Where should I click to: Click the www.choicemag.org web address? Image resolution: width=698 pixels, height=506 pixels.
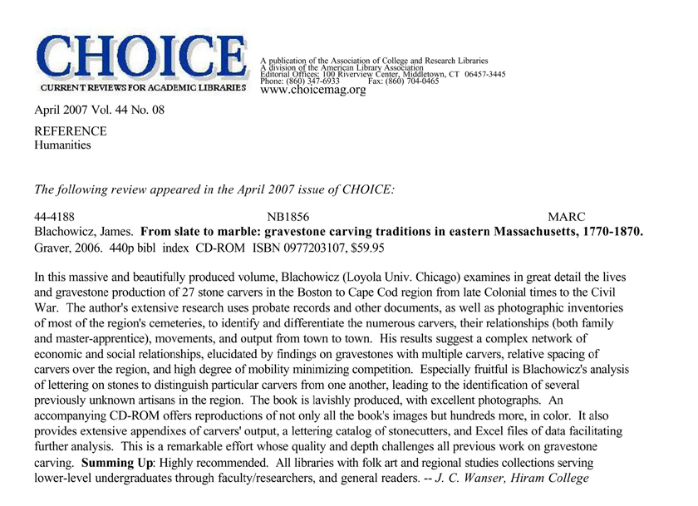pos(313,90)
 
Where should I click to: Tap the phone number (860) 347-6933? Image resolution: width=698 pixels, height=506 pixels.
pos(316,81)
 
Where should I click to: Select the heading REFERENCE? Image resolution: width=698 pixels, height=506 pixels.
pos(70,131)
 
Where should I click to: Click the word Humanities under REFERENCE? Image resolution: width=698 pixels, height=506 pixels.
pos(62,145)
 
